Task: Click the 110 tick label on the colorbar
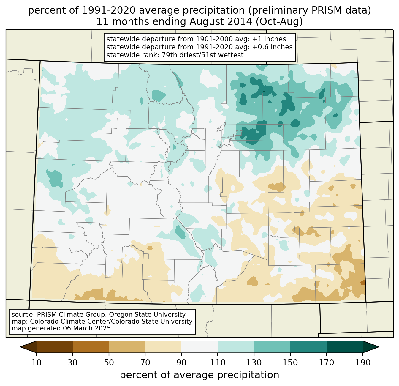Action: pyautogui.click(x=218, y=363)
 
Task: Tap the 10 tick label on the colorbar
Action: pyautogui.click(x=37, y=363)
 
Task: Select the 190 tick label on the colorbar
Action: pyautogui.click(x=363, y=363)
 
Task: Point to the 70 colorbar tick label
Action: pyautogui.click(x=145, y=363)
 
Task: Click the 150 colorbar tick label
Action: pyautogui.click(x=290, y=363)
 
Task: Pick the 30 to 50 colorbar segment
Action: pyautogui.click(x=91, y=347)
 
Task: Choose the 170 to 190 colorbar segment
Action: pyautogui.click(x=345, y=347)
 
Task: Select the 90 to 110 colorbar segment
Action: pyautogui.click(x=199, y=347)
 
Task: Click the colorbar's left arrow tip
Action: pyautogui.click(x=21, y=347)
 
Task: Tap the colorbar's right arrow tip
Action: pyautogui.click(x=378, y=347)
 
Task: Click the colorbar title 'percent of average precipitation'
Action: pyautogui.click(x=199, y=375)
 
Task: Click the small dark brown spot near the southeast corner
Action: pyautogui.click(x=362, y=283)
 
